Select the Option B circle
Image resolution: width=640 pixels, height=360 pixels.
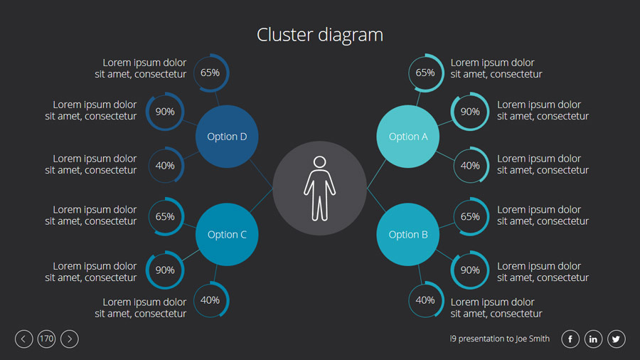(x=407, y=235)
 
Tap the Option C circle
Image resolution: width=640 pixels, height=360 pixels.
(x=227, y=235)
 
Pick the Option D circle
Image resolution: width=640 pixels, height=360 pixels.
(x=227, y=137)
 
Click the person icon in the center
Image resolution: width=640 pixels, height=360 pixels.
(x=319, y=188)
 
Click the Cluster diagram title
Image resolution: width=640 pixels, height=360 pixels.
(x=320, y=34)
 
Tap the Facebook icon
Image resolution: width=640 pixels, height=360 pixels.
(x=570, y=339)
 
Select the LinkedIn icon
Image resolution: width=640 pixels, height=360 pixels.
(x=593, y=339)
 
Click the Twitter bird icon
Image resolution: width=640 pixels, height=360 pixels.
(x=616, y=339)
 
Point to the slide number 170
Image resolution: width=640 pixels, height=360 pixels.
(x=46, y=339)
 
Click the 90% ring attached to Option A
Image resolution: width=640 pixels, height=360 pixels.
(x=470, y=112)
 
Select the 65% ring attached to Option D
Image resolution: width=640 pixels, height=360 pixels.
(x=210, y=73)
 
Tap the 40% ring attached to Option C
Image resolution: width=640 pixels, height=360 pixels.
(x=210, y=300)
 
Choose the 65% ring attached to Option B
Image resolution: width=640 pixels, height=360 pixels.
(x=470, y=217)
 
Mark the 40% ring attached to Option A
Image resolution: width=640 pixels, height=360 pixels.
(x=470, y=166)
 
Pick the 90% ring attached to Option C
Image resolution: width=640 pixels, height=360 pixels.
(x=165, y=270)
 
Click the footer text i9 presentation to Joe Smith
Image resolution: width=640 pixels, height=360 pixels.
(x=499, y=339)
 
